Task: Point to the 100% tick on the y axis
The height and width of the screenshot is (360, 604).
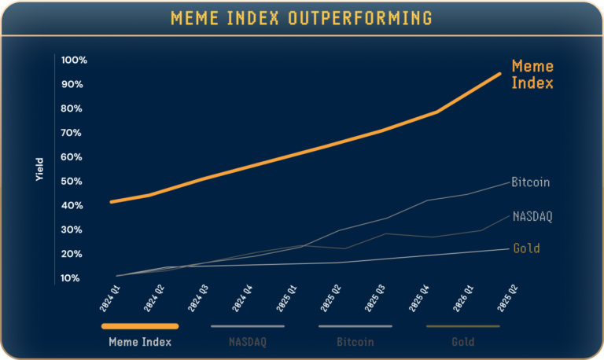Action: pos(73,61)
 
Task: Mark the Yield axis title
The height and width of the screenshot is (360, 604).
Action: pos(39,170)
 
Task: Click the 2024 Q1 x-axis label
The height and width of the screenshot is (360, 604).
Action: pos(109,299)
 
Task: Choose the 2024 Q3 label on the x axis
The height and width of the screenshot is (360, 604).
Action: pos(197,299)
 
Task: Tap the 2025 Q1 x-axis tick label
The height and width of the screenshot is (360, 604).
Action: pos(286,299)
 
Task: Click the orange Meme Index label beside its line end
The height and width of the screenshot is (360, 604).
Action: pos(532,75)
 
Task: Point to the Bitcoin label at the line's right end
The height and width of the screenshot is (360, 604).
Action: pos(530,182)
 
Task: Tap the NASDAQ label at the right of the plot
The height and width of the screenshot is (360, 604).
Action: pos(532,216)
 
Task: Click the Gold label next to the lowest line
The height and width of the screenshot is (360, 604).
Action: pos(526,249)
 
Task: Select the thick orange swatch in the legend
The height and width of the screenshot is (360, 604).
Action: pos(140,325)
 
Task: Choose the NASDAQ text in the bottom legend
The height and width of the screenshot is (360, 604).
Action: pos(247,342)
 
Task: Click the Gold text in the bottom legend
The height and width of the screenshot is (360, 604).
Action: pos(462,342)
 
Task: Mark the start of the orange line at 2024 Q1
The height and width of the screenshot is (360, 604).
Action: pos(112,202)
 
